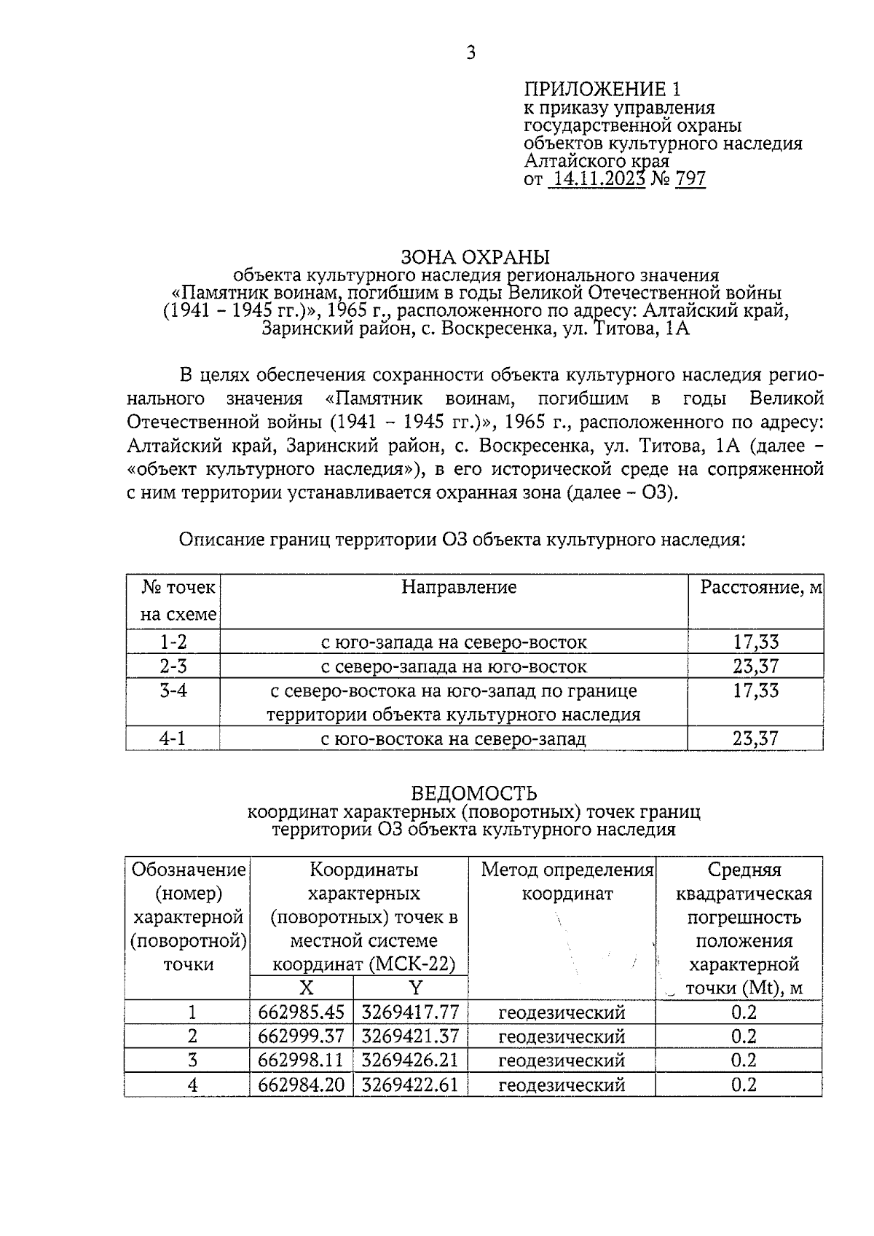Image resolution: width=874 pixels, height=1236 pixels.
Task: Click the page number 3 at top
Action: pyautogui.click(x=471, y=52)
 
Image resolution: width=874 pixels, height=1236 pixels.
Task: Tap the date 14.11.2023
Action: pyautogui.click(x=596, y=179)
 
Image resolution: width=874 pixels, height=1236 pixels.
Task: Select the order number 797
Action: pyautogui.click(x=690, y=179)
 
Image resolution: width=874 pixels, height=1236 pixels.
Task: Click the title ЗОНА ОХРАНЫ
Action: pyautogui.click(x=475, y=257)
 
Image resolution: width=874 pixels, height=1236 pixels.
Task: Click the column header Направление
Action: pyautogui.click(x=459, y=587)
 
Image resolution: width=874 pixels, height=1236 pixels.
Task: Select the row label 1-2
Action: pyautogui.click(x=173, y=642)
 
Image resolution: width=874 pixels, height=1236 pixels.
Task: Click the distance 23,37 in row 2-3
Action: pyautogui.click(x=755, y=666)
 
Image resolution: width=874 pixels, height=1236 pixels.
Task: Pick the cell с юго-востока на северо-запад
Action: pyautogui.click(x=453, y=739)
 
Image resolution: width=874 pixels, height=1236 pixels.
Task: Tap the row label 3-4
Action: pyautogui.click(x=173, y=690)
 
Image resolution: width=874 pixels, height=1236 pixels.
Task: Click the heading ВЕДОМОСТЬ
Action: pyautogui.click(x=474, y=793)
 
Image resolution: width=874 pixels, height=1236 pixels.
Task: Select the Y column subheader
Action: pyautogui.click(x=415, y=988)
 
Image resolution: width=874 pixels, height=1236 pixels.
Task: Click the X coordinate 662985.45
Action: pyautogui.click(x=301, y=1012)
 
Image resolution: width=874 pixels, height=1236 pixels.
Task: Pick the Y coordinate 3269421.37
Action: pyautogui.click(x=410, y=1036)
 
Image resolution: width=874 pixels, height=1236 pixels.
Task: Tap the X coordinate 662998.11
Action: pyautogui.click(x=301, y=1060)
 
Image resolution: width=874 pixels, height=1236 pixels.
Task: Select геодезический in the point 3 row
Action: pyautogui.click(x=562, y=1060)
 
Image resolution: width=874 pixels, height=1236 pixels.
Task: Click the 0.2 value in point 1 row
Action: pyautogui.click(x=744, y=1012)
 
